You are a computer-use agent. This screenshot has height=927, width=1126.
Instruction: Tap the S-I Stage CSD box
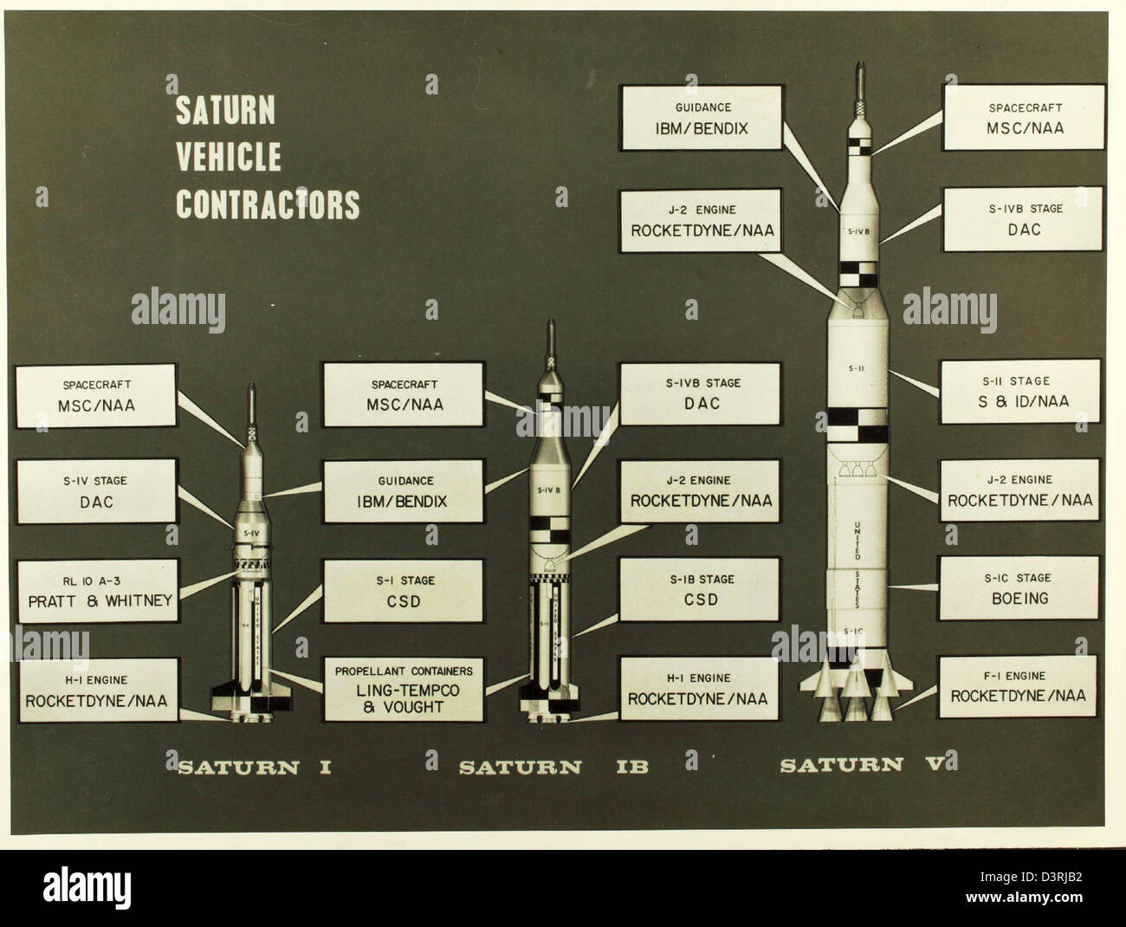(x=404, y=590)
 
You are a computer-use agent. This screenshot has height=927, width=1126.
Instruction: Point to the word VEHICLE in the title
(x=229, y=157)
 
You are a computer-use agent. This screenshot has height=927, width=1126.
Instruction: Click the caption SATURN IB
(x=553, y=767)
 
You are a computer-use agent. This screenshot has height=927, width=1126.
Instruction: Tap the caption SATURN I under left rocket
(x=255, y=767)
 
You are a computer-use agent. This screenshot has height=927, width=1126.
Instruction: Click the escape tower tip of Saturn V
(x=857, y=68)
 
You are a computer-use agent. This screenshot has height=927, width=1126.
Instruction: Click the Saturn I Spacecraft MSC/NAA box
(x=95, y=394)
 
